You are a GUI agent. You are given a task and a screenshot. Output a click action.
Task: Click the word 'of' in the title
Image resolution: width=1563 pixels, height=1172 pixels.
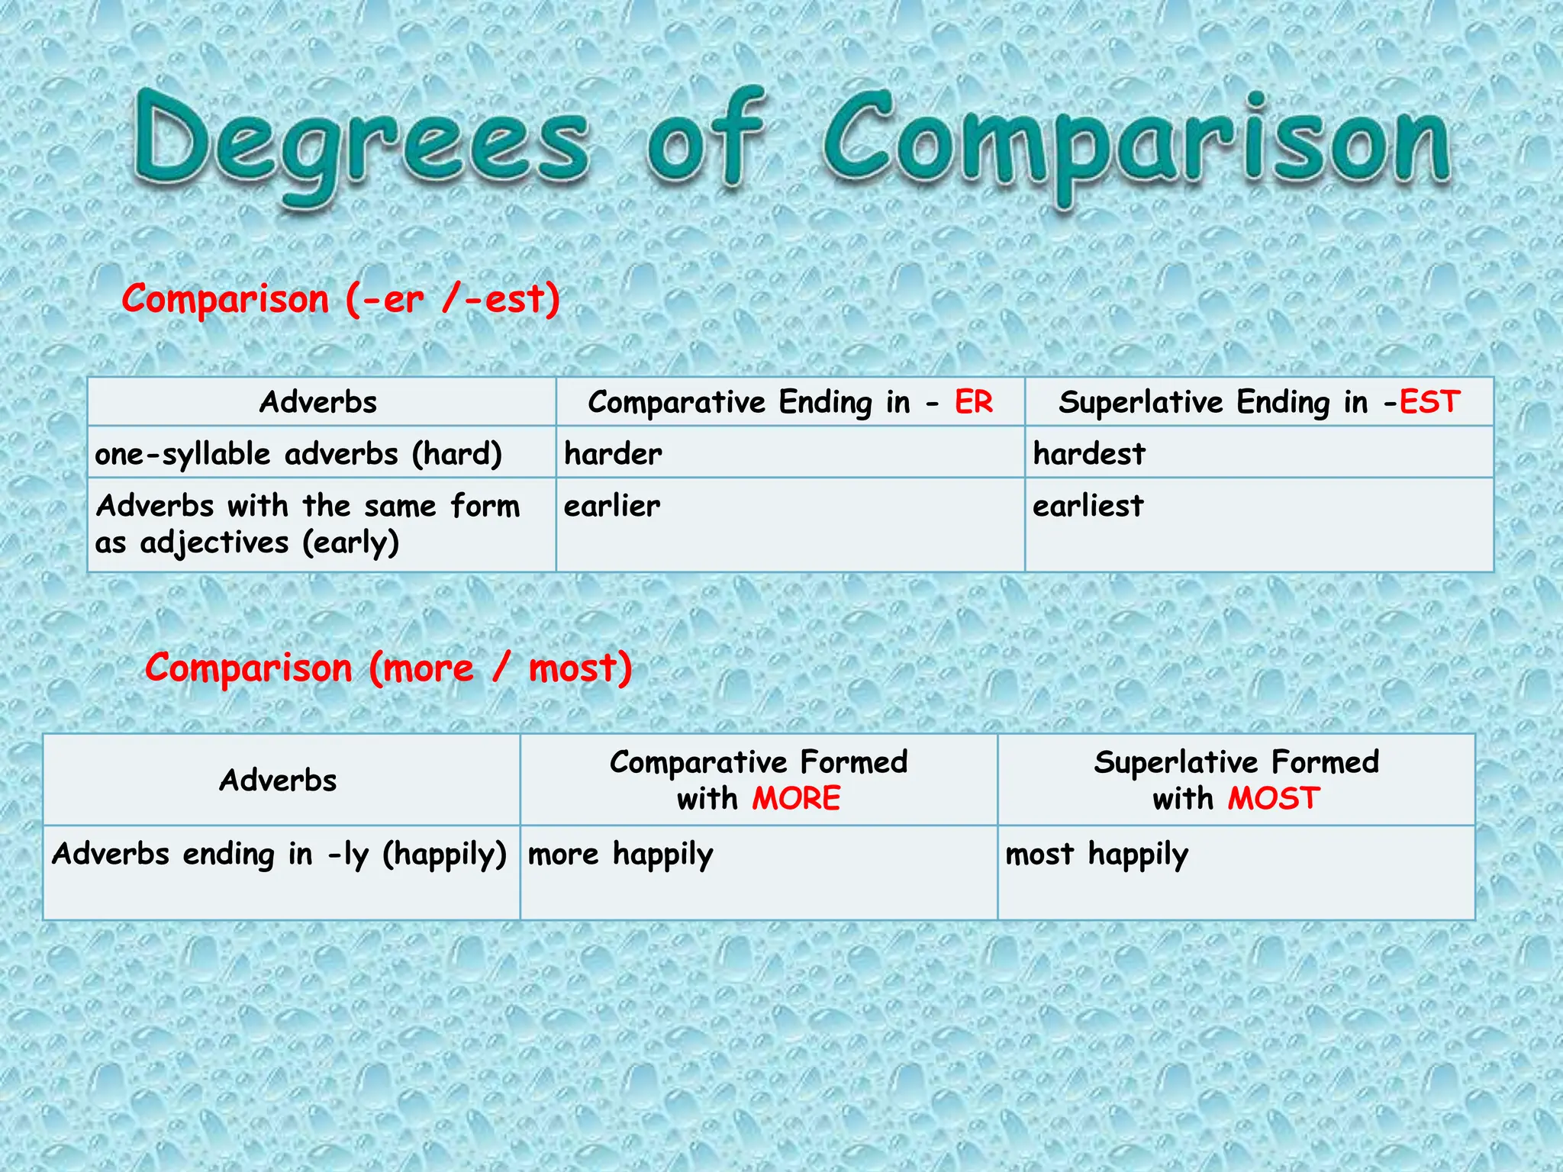pos(705,137)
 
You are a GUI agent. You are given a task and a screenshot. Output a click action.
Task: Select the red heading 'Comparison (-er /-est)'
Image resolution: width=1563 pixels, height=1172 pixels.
pos(341,298)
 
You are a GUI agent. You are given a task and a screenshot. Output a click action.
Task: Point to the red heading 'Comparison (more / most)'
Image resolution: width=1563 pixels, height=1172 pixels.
pos(388,668)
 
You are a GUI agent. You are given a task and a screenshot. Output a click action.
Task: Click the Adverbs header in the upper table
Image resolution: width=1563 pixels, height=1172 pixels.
pos(318,402)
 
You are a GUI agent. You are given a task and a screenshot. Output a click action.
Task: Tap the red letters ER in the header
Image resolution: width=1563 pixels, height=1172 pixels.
pos(974,402)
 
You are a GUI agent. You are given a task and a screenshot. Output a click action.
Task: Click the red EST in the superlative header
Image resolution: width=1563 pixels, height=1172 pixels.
pos(1429,402)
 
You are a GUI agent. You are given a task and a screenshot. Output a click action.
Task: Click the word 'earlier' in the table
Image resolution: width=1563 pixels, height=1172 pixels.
pos(612,506)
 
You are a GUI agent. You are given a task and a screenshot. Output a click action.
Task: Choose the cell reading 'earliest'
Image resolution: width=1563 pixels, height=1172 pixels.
pos(1088,506)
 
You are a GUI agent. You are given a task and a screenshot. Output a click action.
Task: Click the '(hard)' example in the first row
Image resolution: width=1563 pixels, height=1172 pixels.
pos(457,454)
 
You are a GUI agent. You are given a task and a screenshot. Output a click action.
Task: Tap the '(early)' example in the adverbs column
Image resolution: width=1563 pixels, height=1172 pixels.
pos(351,543)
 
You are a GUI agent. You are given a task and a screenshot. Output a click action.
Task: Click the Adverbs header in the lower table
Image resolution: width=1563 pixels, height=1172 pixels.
pos(278,780)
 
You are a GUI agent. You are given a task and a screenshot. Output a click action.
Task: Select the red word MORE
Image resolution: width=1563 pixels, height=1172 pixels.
pos(796,798)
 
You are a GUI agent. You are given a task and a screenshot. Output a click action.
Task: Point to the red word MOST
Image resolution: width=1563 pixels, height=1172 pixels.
pos(1274,798)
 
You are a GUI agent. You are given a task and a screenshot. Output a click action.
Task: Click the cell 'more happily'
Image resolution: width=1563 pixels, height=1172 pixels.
pos(620,855)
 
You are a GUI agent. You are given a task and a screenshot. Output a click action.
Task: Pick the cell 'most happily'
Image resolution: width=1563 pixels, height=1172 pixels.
pos(1097,855)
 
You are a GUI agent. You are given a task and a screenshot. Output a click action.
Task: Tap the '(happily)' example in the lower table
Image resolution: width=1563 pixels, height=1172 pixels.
pos(445,855)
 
